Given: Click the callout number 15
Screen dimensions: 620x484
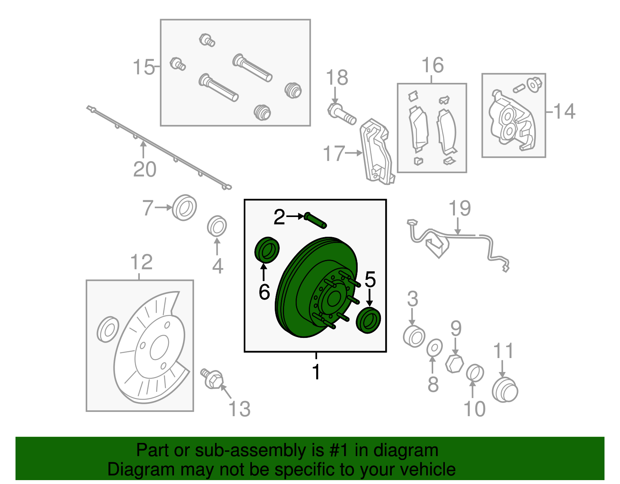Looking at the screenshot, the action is point(143,67).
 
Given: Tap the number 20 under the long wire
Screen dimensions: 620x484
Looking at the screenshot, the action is point(145,169).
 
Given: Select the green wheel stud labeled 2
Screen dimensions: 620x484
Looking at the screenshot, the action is point(315,220).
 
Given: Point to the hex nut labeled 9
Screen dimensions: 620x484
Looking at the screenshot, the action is point(455,364).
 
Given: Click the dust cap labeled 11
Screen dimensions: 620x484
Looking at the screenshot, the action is point(505,390).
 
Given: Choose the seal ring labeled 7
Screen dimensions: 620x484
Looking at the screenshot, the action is point(184,207).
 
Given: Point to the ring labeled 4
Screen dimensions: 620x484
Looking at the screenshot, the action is point(217,226).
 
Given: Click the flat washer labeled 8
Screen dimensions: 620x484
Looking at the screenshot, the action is point(434,348).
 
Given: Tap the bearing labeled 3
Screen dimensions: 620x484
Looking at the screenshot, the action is point(414,336).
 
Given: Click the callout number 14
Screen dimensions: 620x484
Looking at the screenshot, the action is point(564,111).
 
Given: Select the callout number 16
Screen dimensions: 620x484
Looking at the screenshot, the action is point(432,65).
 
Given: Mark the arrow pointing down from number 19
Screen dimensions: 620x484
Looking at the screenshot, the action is point(458,226).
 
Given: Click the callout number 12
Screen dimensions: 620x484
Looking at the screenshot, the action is point(141,262).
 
